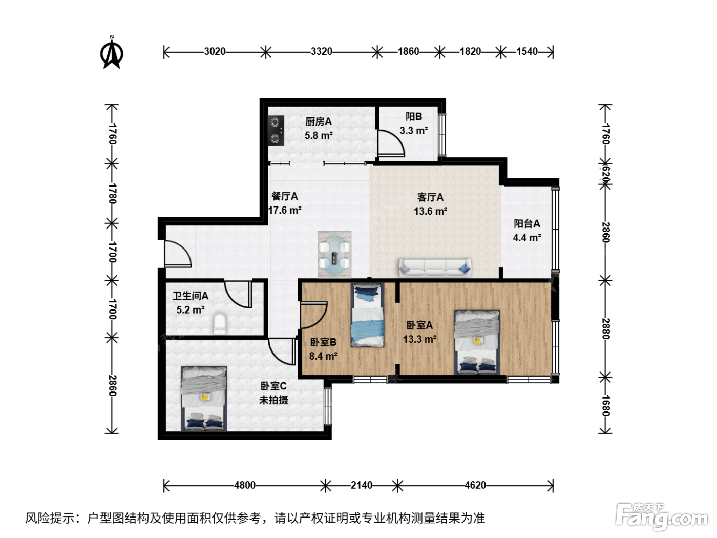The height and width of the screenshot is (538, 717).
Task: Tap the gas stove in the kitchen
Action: click(276, 131)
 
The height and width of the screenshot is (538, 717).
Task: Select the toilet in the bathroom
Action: click(220, 324)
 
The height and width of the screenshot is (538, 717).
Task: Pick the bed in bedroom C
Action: click(204, 399)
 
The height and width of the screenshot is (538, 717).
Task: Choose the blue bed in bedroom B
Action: click(368, 315)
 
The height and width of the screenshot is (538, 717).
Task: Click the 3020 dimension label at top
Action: click(215, 52)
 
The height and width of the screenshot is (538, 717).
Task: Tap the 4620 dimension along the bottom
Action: click(475, 485)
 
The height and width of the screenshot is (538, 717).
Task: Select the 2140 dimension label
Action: click(361, 485)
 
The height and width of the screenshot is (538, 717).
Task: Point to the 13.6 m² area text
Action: click(430, 211)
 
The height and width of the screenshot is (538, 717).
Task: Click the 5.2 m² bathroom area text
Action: click(191, 309)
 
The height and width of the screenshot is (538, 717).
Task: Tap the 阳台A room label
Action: click(526, 224)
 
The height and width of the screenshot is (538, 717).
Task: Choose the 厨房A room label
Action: click(319, 121)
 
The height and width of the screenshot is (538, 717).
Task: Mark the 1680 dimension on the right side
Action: click(605, 406)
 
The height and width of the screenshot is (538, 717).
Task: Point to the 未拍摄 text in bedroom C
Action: click(273, 400)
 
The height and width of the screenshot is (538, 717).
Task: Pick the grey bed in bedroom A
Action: click(477, 342)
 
